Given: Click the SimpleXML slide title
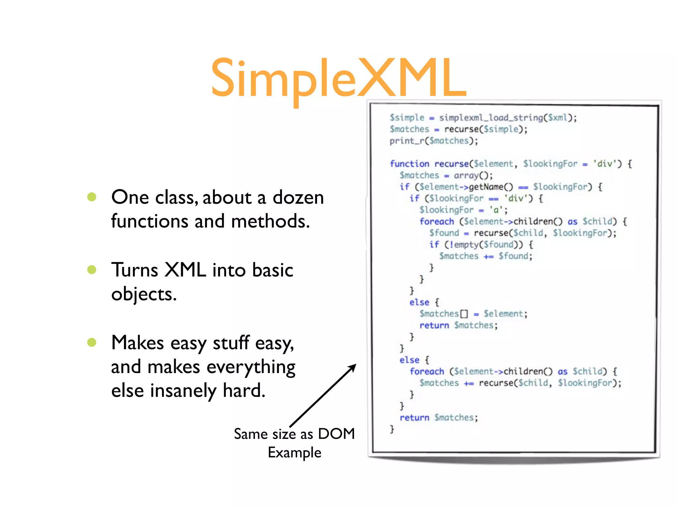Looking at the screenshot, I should click(x=338, y=79).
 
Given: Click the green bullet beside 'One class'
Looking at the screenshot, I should click(x=92, y=197).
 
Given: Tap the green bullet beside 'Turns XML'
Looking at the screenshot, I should click(x=92, y=270).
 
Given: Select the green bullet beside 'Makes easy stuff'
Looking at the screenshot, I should click(x=92, y=342).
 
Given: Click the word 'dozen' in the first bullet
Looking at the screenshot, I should click(x=298, y=198).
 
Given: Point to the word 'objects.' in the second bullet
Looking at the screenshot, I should click(x=144, y=294).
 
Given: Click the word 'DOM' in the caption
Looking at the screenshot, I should click(x=336, y=434).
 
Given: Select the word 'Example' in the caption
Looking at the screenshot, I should click(x=295, y=452).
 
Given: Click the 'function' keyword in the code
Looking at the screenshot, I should click(x=409, y=164).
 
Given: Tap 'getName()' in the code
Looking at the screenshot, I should click(x=491, y=187).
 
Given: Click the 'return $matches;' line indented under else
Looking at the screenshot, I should click(x=458, y=325).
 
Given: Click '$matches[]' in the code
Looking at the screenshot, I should click(x=443, y=314).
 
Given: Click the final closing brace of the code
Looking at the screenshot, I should click(x=392, y=429).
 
